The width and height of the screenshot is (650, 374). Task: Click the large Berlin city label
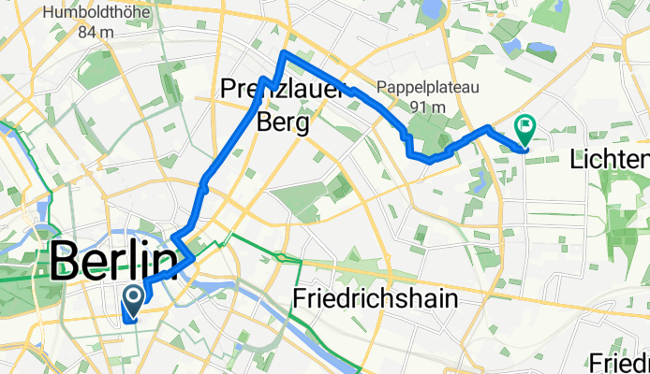(x=113, y=262)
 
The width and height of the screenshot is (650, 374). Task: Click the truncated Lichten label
(x=610, y=160)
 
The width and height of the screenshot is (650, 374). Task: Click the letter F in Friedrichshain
(x=300, y=299)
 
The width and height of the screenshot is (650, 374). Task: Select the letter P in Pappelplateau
(x=381, y=90)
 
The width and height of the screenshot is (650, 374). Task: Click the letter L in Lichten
(x=575, y=160)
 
